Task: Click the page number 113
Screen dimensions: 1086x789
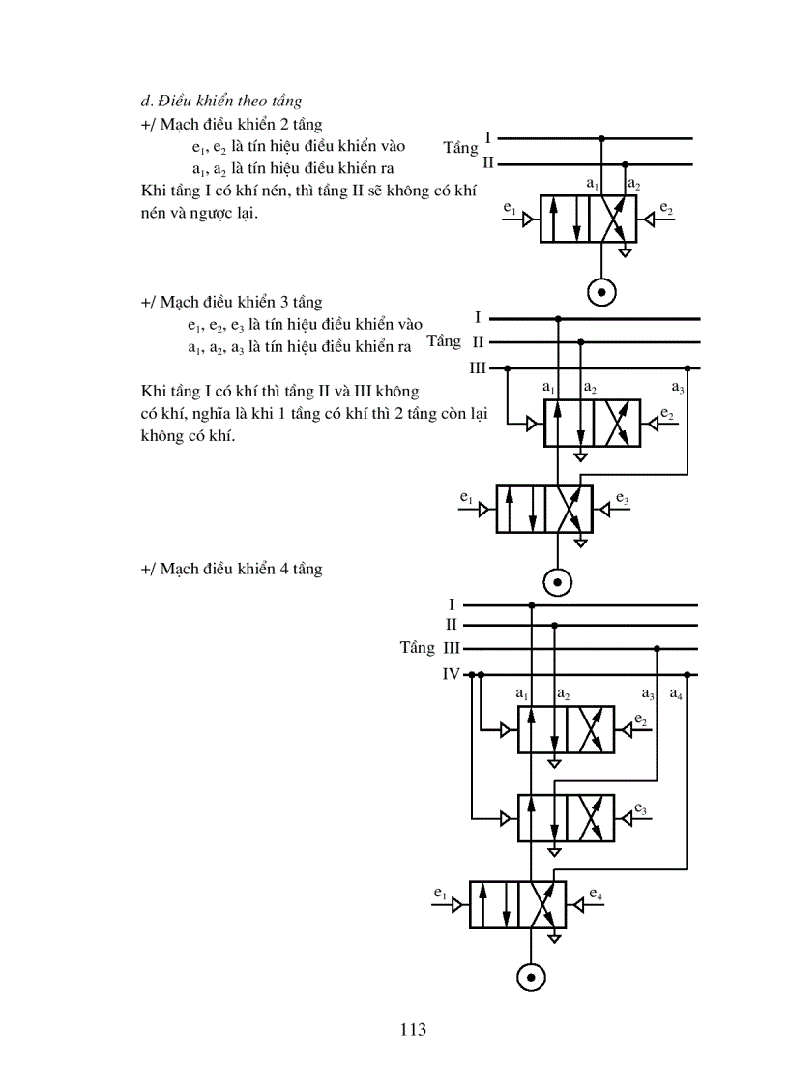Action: [x=413, y=1029]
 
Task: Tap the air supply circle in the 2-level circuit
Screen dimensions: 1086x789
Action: [x=601, y=290]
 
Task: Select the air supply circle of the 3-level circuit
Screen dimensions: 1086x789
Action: [x=558, y=582]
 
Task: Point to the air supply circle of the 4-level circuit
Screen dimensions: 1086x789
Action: [x=531, y=977]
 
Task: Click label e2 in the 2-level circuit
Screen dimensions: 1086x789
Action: [x=666, y=209]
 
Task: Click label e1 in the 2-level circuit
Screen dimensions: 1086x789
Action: [x=511, y=209]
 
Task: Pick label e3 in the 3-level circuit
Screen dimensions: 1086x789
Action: [x=622, y=500]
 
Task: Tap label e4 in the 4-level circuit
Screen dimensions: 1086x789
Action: [x=596, y=895]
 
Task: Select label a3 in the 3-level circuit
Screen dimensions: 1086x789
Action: [x=677, y=389]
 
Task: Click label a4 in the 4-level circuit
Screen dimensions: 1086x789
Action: [x=676, y=695]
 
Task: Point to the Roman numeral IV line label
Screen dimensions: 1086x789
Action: [x=451, y=674]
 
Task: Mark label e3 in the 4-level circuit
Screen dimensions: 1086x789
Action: [x=641, y=808]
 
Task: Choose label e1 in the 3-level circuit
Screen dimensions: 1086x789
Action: [x=466, y=500]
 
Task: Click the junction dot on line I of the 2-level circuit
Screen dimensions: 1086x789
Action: [x=601, y=139]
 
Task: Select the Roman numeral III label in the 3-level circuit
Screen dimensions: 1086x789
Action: [x=477, y=368]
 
